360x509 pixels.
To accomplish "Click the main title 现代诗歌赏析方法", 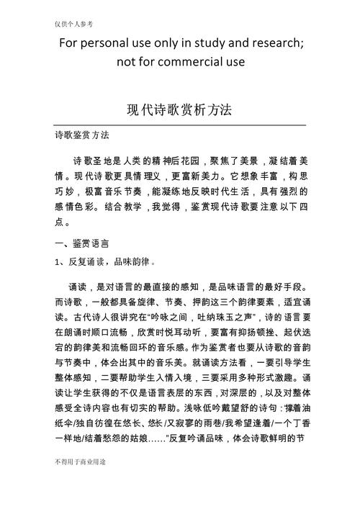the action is [180, 109].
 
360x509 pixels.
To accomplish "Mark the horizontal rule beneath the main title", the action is [180, 126].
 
